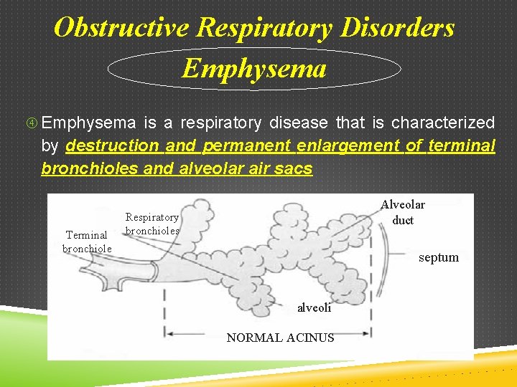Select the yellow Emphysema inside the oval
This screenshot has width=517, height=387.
coord(254,69)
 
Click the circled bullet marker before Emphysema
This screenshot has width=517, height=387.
coord(44,123)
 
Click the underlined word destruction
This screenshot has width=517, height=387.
coord(112,146)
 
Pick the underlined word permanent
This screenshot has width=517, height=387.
coord(248,146)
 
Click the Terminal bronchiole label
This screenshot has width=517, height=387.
coord(87,242)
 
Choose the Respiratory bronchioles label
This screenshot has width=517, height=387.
coord(152,224)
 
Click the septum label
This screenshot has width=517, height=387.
coord(438,257)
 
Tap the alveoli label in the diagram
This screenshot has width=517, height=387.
coord(315,307)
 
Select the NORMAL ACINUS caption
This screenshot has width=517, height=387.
coord(280,338)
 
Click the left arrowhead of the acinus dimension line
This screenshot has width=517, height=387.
coord(169,333)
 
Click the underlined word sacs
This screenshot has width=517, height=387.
coord(295,169)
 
